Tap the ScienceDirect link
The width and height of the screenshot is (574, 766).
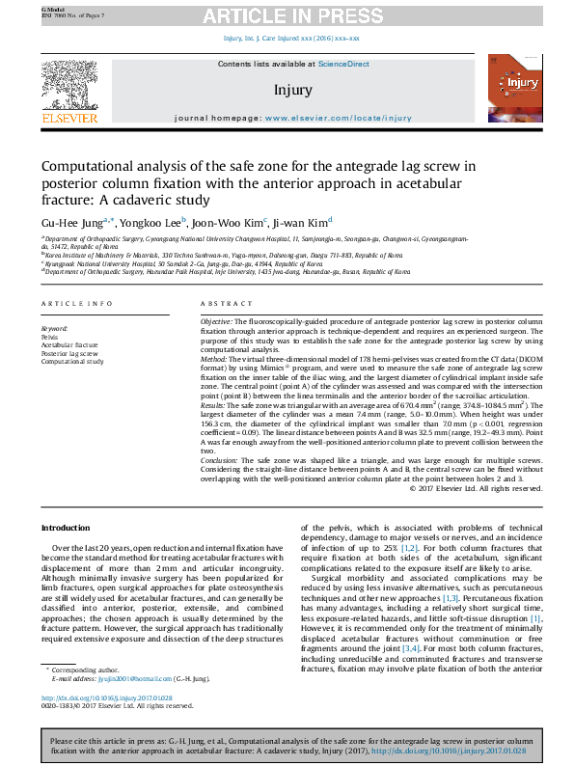[x=344, y=64]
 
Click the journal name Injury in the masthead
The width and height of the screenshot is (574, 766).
[x=292, y=91]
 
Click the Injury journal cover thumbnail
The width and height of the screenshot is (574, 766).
[x=514, y=93]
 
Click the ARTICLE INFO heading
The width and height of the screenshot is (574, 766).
[x=68, y=304]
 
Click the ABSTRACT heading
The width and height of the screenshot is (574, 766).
[x=220, y=304]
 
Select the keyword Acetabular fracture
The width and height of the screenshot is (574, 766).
[x=68, y=344]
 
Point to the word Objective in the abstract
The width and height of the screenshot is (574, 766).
[x=217, y=319]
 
